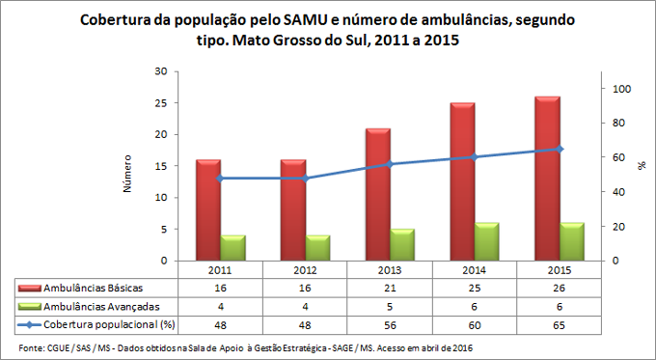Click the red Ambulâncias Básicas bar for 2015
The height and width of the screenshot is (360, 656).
pos(548,179)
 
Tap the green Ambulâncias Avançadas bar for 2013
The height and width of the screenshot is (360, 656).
pos(402,245)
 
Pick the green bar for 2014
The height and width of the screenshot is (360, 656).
pos(487,242)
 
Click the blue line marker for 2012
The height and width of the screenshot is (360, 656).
pos(306,179)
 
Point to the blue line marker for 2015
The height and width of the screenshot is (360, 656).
pos(561,149)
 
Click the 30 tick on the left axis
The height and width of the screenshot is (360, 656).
pos(161,71)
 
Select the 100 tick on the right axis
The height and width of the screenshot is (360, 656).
pos(622,89)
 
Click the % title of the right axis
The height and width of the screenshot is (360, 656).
pos(642,166)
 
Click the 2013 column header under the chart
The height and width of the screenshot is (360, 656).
pos(390,270)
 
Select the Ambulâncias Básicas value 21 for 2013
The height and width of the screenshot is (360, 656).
pos(390,289)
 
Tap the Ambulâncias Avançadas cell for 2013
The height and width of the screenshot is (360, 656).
pos(390,307)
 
